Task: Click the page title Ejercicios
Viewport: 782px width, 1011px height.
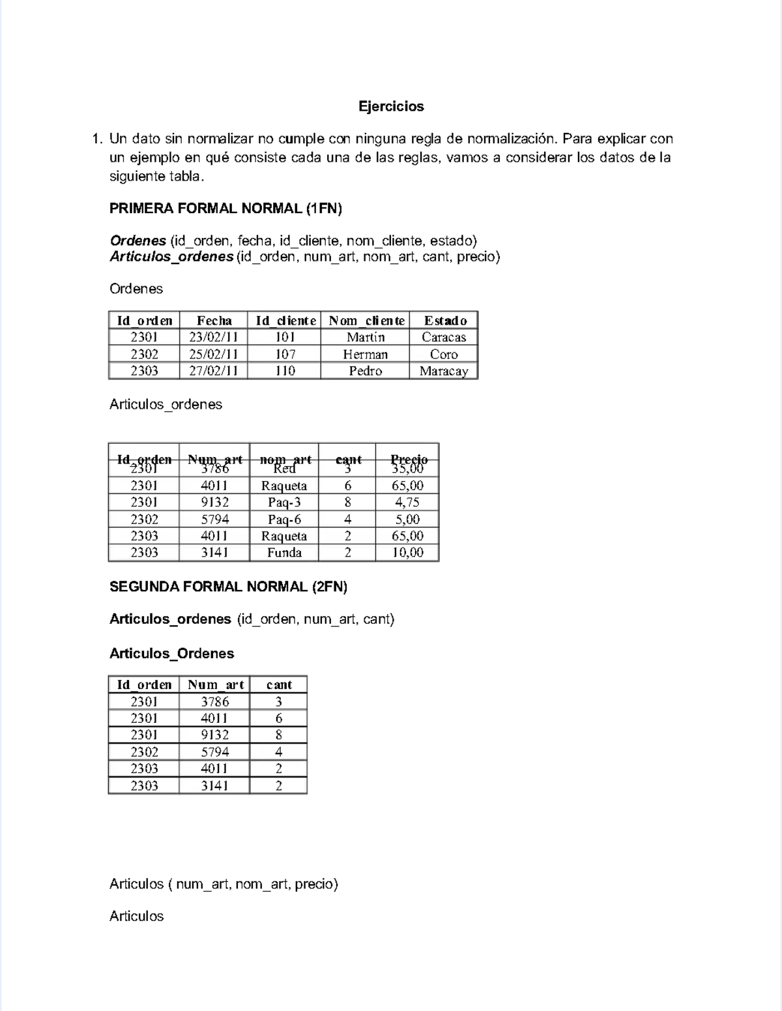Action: (391, 106)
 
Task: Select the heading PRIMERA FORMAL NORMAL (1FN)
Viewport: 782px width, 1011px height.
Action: (225, 209)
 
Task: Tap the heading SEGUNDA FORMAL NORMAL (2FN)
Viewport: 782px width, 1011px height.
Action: (228, 587)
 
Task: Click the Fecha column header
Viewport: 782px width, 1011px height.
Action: (214, 321)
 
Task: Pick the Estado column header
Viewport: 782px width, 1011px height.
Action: (445, 321)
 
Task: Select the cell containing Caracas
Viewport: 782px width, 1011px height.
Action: (444, 338)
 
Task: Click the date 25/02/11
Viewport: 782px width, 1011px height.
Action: (214, 355)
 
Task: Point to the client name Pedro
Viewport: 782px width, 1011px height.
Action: (365, 371)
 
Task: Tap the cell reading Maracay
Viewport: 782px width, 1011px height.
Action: (444, 372)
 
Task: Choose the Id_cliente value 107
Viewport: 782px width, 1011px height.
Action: (285, 355)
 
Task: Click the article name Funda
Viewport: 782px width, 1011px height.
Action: (284, 553)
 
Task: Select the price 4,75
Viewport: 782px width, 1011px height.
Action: (407, 503)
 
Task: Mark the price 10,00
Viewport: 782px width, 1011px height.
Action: (407, 553)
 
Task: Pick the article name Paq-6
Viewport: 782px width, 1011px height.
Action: (284, 520)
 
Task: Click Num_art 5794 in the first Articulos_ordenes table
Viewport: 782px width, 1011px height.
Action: (214, 520)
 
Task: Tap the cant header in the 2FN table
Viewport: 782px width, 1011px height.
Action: (279, 685)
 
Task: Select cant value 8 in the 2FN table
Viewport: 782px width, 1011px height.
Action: (279, 735)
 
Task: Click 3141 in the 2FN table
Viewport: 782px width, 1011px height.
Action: (214, 786)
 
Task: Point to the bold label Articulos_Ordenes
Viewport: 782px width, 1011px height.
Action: (171, 654)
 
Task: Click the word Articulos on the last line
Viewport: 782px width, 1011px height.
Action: (136, 916)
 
